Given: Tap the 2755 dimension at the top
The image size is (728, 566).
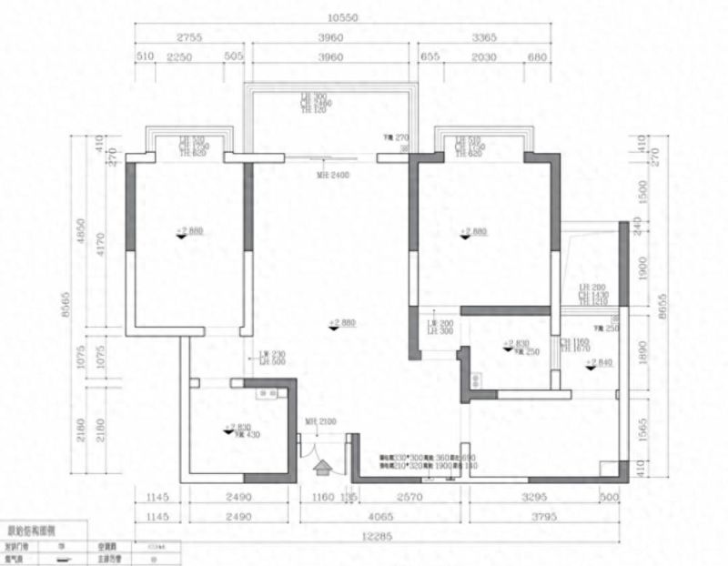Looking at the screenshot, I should (189, 37).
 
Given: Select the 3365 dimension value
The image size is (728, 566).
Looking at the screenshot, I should (484, 37).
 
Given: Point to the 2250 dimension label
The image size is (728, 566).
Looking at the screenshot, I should (178, 57).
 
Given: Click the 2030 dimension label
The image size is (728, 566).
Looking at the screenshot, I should (484, 57).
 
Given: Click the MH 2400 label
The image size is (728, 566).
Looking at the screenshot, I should (330, 174).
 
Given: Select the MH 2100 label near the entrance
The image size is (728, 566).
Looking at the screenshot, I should (319, 421).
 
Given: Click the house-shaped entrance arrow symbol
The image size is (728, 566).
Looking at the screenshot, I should (322, 469).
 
